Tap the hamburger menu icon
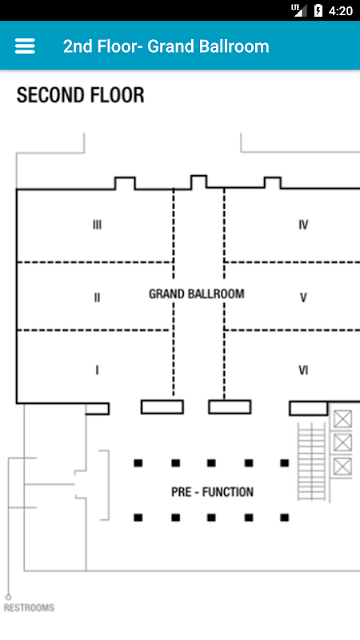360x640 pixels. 25,46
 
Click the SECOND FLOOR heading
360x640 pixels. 81,95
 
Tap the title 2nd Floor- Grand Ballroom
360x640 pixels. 166,46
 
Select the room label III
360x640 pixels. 97,225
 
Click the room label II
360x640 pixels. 97,298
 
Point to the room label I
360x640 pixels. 97,370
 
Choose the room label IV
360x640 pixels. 303,225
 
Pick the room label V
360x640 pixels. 303,298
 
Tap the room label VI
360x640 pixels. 303,370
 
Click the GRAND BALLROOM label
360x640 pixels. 196,294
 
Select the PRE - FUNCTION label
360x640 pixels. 212,492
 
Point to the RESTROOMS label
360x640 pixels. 29,608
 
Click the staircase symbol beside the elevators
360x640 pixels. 312,462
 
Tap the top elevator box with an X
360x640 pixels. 342,418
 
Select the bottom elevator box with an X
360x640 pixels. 342,466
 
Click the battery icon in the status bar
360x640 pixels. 318,10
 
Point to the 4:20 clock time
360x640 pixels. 341,10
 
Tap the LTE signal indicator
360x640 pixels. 298,10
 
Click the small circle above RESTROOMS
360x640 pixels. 8,597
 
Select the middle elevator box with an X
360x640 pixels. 342,442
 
